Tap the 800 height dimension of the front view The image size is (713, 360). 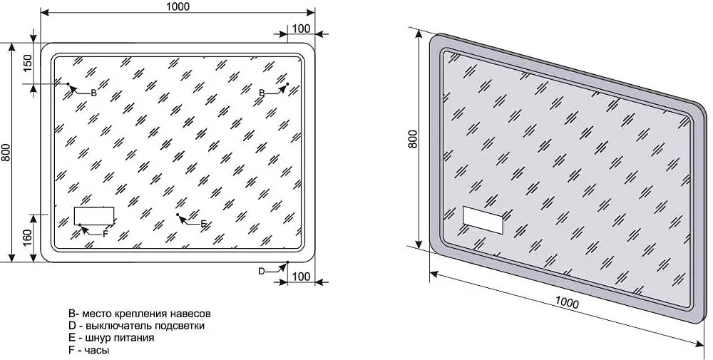tap(6, 152)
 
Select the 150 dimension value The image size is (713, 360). tap(28, 63)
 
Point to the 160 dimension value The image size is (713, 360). tap(28, 237)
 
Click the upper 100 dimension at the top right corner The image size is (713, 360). tap(301, 29)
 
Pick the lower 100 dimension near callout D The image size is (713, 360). tap(301, 276)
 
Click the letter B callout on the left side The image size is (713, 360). tap(93, 93)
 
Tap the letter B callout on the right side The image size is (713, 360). tap(262, 93)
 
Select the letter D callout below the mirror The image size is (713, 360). tap(262, 272)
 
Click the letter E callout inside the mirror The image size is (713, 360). tap(204, 223)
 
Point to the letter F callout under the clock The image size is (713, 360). tap(105, 234)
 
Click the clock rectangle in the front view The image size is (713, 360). tap(94, 215)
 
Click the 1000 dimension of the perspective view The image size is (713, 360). tap(567, 302)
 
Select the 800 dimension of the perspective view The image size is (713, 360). tap(412, 139)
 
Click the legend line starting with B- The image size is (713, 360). tap(140, 314)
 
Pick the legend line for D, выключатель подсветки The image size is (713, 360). tap(136, 326)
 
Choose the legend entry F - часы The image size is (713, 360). tap(88, 351)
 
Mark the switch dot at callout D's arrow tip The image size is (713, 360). tap(288, 262)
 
